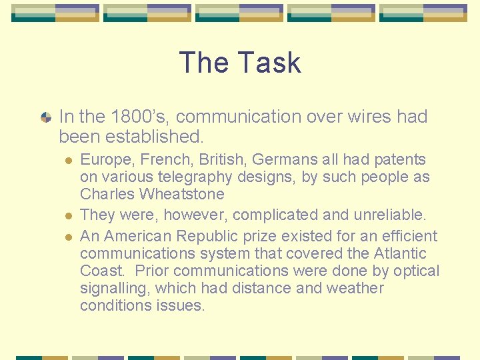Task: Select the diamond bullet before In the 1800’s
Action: pos(45,117)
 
